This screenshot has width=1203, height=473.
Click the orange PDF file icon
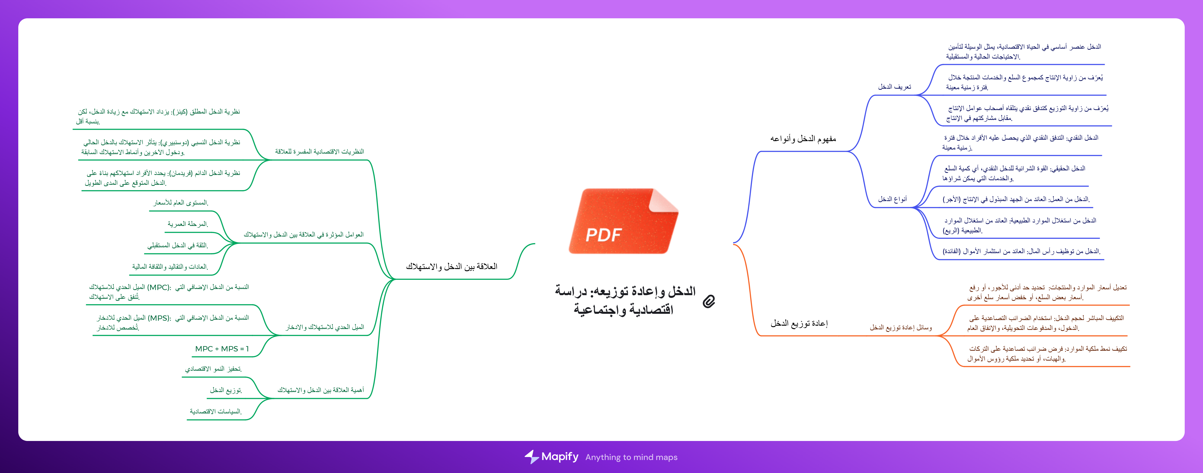[623, 221]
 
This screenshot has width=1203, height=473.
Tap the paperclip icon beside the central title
[709, 301]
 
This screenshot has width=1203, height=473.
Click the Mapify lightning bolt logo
[531, 457]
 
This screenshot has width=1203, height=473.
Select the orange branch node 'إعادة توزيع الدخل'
[799, 323]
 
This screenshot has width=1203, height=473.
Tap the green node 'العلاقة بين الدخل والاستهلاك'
[452, 266]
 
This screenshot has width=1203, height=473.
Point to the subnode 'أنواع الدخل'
[893, 199]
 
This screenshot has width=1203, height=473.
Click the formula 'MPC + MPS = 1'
[222, 349]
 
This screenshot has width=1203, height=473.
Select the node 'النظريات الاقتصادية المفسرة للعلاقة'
[319, 151]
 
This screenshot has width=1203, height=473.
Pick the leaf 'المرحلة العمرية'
[188, 224]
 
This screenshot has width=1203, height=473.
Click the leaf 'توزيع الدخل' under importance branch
[226, 390]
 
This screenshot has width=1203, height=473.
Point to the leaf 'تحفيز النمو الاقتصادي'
[214, 369]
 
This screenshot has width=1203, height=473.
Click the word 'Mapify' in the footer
[560, 457]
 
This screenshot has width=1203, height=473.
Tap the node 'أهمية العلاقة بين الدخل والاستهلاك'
[321, 390]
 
